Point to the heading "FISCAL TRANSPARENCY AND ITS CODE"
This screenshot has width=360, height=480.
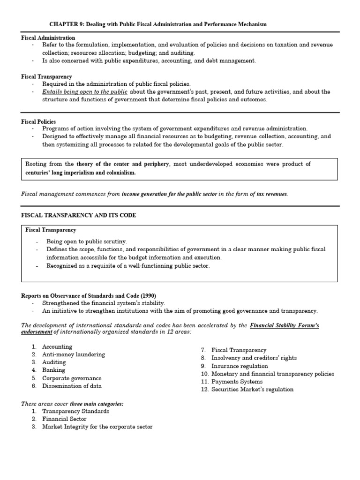tap(79, 215)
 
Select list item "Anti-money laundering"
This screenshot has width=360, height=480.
tap(74, 354)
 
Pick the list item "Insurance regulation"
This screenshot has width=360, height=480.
tap(240, 366)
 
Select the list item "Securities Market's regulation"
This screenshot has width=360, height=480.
tap(252, 390)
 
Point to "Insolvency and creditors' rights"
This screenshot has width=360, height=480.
tap(254, 358)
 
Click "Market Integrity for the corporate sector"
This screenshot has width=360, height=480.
tap(97, 427)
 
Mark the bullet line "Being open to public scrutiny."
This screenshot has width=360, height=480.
tap(87, 241)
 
